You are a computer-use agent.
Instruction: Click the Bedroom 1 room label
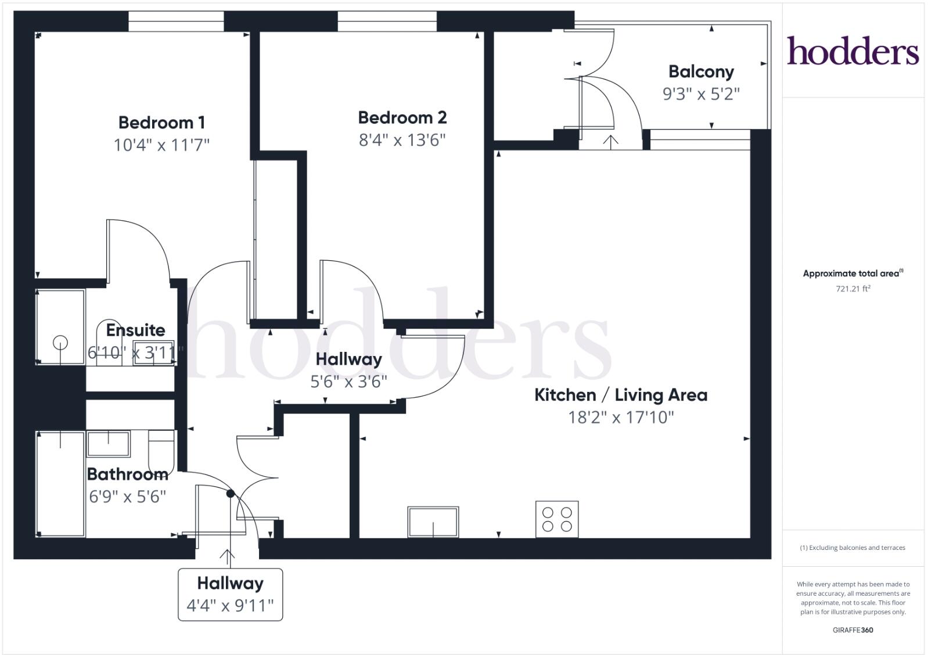[x=161, y=123]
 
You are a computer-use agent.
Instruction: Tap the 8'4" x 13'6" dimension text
[x=402, y=140]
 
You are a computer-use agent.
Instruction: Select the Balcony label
[x=701, y=71]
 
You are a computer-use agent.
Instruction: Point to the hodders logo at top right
[x=853, y=51]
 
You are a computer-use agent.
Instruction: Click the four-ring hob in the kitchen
[x=557, y=519]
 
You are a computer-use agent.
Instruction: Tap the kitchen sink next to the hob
[x=433, y=521]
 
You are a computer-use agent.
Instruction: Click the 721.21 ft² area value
[x=853, y=289]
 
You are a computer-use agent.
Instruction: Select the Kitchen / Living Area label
[x=620, y=395]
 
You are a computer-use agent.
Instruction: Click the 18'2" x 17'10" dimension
[x=620, y=417]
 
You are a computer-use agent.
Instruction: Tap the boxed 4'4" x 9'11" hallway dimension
[x=230, y=606]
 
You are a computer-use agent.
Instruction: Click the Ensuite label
[x=135, y=330]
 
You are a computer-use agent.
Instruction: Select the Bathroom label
[x=128, y=474]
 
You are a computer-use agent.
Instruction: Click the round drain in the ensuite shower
[x=60, y=343]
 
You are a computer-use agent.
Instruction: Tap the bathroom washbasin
[x=109, y=444]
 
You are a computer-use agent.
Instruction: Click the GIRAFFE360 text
[x=853, y=630]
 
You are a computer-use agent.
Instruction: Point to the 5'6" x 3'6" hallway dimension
[x=348, y=382]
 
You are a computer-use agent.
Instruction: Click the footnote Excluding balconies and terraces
[x=853, y=548]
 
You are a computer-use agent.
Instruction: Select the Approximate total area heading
[x=851, y=273]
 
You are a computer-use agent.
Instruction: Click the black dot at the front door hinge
[x=230, y=494]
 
